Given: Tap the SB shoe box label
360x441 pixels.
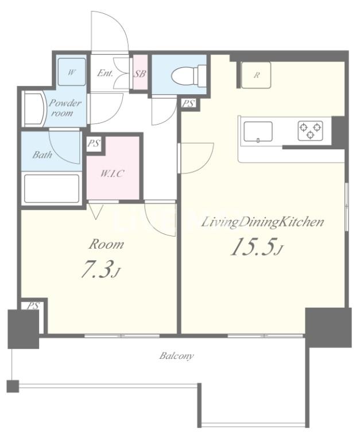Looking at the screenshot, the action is (140, 73).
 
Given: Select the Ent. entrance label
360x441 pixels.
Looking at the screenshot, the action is (105, 73).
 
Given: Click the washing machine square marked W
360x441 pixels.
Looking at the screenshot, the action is (71, 72).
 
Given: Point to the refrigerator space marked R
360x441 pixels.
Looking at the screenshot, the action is (256, 75).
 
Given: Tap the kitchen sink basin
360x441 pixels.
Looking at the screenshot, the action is (258, 131).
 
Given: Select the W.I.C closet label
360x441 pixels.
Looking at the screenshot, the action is (112, 173).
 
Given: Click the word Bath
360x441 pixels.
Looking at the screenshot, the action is (42, 154).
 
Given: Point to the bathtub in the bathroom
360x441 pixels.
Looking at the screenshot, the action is (52, 188).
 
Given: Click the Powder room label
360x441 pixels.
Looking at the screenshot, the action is (64, 108).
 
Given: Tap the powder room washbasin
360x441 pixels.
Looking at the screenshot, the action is (34, 108).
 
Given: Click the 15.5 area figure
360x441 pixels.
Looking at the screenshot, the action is (256, 246).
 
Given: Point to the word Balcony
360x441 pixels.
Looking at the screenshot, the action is (176, 356).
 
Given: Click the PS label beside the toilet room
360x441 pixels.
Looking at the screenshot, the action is (188, 104).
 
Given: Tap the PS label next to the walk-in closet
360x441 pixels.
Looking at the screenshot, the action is (94, 144).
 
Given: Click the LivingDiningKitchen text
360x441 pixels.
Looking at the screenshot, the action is (263, 222).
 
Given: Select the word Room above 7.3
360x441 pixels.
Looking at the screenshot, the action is (106, 245).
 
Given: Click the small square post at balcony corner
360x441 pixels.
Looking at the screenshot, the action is (13, 386).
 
